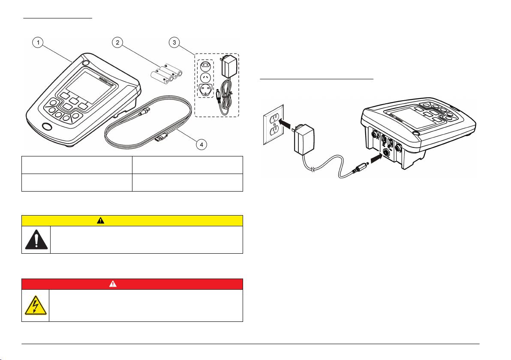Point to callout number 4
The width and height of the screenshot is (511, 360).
click(199, 144)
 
